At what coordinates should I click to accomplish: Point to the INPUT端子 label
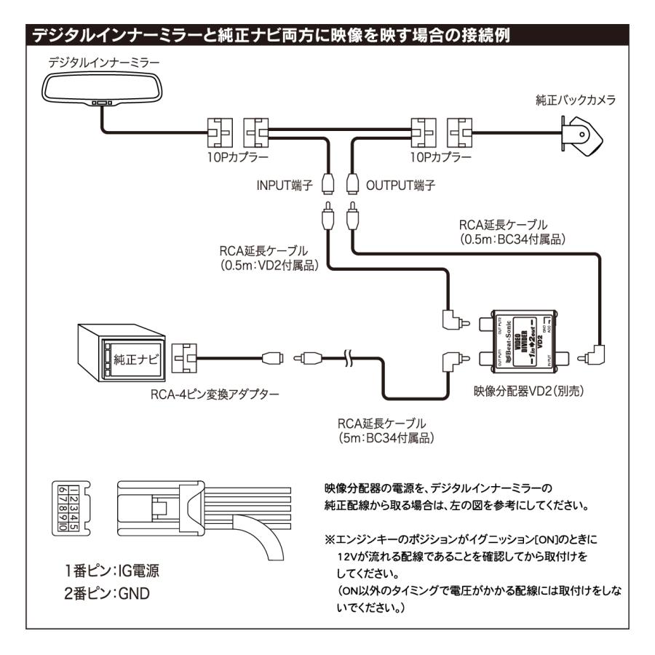(285, 186)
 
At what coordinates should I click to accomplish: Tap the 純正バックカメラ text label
(575, 100)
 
